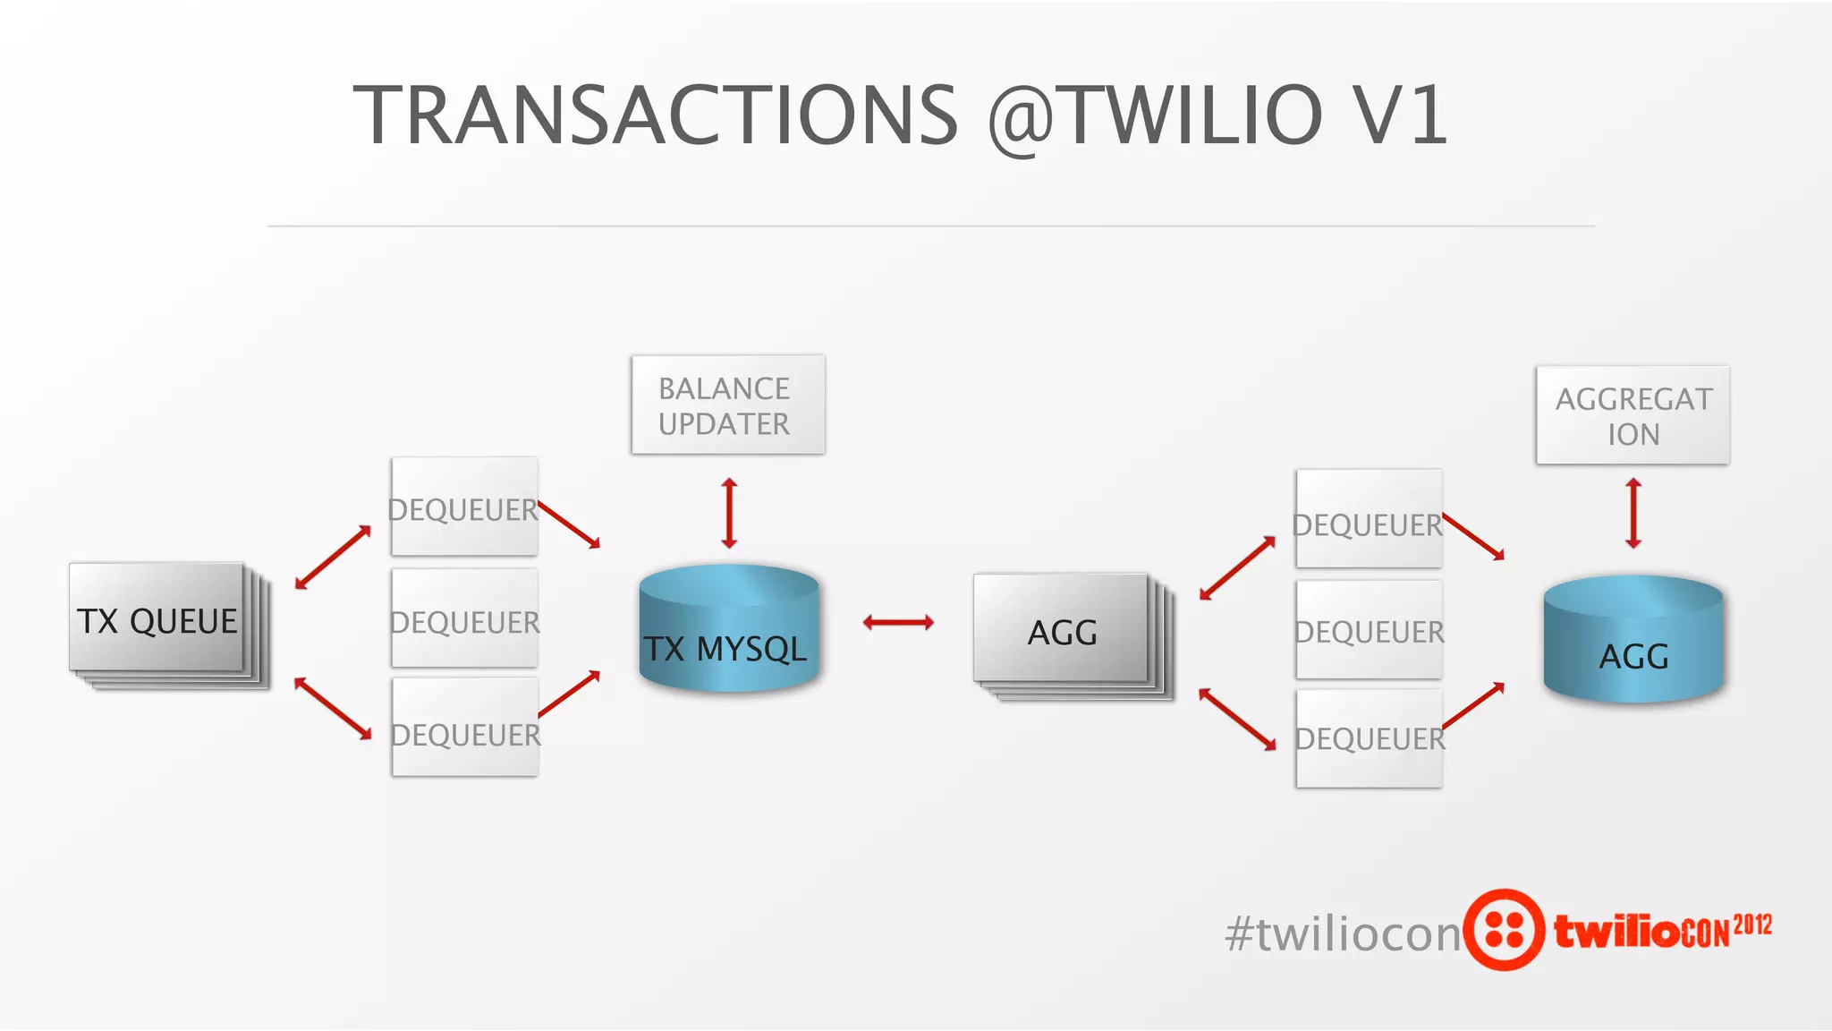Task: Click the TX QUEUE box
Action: (157, 619)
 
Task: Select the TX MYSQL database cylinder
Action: (728, 630)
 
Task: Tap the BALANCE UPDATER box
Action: (727, 405)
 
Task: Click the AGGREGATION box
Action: (1633, 415)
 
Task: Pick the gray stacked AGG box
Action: (1062, 631)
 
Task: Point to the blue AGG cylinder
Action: (1633, 641)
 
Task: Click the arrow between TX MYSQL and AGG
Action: (898, 622)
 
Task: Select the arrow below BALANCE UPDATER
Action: (729, 513)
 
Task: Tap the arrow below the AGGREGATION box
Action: (1633, 514)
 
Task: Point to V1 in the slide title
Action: (1400, 115)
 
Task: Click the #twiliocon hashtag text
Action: (1342, 933)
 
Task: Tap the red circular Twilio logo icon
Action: (1504, 930)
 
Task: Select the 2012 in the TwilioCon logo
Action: (1752, 924)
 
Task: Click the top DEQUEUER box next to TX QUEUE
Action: (464, 507)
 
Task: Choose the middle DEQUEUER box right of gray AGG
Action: (1369, 630)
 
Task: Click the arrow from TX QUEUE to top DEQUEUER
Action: (333, 558)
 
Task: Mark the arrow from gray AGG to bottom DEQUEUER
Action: (1237, 719)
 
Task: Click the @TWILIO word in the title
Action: (1155, 115)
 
